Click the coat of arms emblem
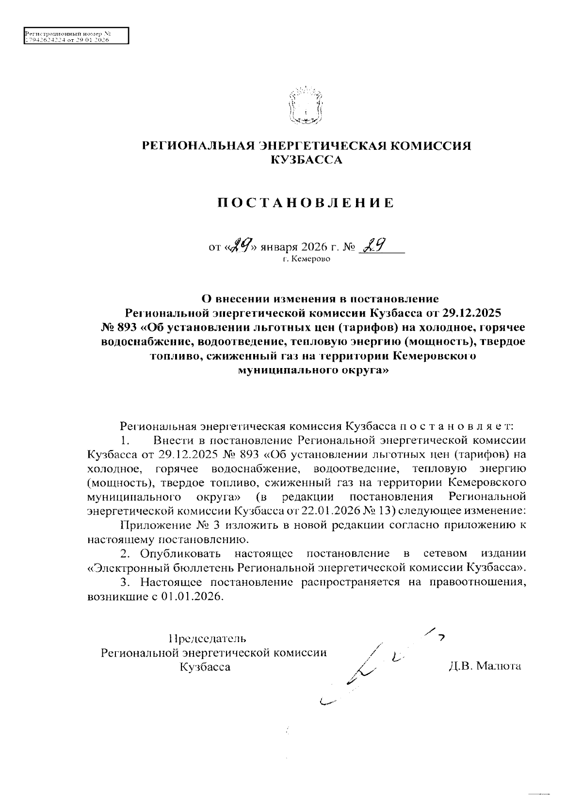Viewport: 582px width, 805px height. point(305,106)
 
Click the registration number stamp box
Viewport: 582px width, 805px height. point(76,36)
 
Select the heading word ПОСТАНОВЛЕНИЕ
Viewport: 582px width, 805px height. point(305,203)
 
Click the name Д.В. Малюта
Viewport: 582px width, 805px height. point(485,666)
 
